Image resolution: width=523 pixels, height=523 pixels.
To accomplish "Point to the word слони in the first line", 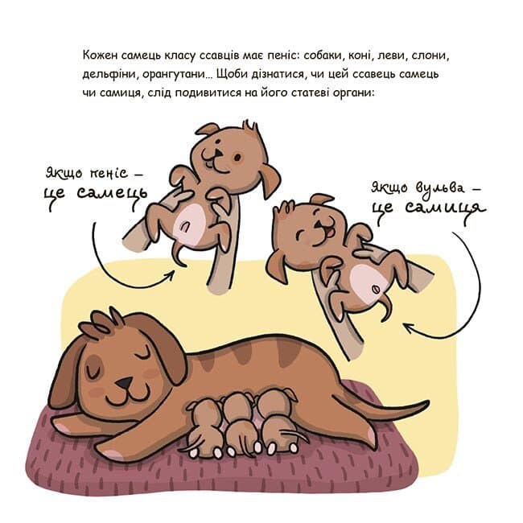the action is pos(430,56).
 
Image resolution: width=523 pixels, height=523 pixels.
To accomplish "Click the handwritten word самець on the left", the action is pos(112,193).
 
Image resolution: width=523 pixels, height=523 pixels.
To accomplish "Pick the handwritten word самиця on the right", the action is pos(446,208).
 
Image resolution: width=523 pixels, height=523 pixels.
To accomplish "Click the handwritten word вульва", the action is pos(440,188).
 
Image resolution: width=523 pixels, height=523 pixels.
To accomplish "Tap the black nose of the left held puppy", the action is pos(218,153).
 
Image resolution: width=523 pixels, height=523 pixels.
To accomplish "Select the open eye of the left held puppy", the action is pos(237,157).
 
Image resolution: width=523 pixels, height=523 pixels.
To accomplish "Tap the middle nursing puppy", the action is pos(238,423).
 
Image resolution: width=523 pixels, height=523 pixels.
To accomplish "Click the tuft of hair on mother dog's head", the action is pos(101,322).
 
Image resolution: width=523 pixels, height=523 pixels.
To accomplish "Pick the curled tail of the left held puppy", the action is pos(179,256).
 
